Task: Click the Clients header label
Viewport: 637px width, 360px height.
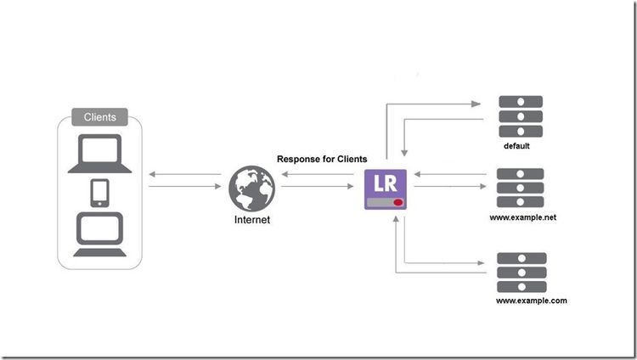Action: pyautogui.click(x=100, y=116)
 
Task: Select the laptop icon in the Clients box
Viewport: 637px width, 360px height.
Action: pyautogui.click(x=99, y=152)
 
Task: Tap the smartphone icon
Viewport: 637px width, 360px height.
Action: pyautogui.click(x=99, y=192)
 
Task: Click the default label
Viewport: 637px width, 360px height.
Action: pyautogui.click(x=516, y=146)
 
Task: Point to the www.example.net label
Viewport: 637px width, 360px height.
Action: pyautogui.click(x=523, y=218)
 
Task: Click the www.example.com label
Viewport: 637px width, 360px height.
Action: pyautogui.click(x=531, y=301)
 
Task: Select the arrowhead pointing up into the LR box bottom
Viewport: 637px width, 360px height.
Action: pyautogui.click(x=397, y=219)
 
